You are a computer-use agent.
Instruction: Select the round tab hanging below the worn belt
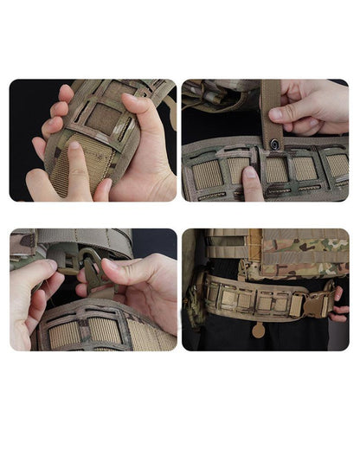tap(259, 330)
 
